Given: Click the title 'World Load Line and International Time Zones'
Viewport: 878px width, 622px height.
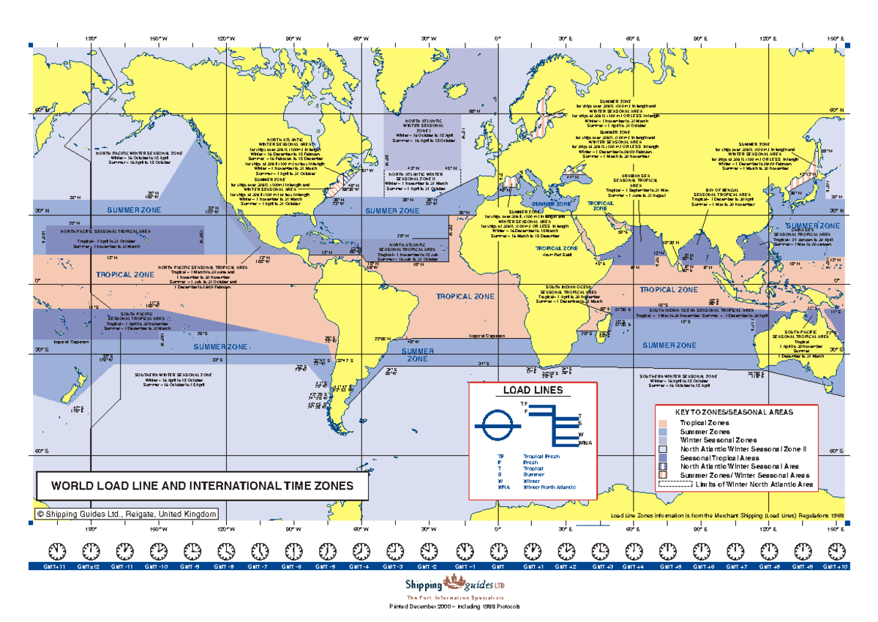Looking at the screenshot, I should pyautogui.click(x=201, y=486).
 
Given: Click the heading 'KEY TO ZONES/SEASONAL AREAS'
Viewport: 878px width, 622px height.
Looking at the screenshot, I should pyautogui.click(x=733, y=413).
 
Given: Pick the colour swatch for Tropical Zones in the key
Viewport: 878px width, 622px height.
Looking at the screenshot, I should pyautogui.click(x=663, y=424).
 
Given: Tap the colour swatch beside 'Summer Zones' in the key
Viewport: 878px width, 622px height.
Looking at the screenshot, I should pyautogui.click(x=663, y=432).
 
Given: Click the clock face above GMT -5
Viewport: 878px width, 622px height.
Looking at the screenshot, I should pyautogui.click(x=327, y=550).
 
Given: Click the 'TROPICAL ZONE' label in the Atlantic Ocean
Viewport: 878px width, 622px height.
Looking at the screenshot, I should pyautogui.click(x=465, y=297).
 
